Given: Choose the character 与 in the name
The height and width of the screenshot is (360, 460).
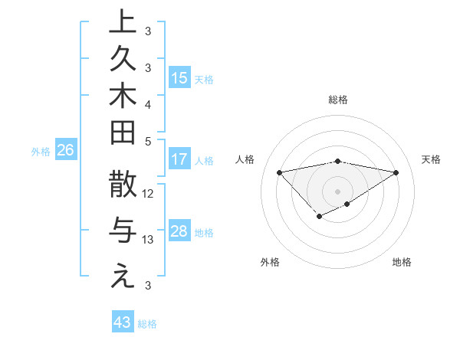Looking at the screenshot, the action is tap(123, 231).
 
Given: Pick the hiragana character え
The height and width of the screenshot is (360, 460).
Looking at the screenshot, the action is tap(123, 277).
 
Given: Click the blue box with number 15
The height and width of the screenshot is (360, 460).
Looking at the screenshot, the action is tap(179, 77).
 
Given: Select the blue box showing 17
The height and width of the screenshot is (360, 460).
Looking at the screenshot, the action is tap(179, 159).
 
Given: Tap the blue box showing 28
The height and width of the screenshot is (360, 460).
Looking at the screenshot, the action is tap(179, 231).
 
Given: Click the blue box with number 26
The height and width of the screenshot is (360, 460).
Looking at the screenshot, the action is tap(65, 151).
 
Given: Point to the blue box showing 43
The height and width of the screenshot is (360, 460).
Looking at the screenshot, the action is tap(122, 322).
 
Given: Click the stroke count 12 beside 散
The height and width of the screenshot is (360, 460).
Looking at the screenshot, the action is tap(149, 194).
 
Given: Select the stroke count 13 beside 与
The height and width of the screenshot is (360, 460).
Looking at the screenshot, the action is tap(149, 240).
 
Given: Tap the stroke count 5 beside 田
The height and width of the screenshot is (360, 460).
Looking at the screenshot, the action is tap(148, 141).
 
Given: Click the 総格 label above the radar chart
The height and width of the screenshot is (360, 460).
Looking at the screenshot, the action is tap(338, 100).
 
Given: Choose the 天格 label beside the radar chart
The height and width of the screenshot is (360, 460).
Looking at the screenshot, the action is tap(431, 159).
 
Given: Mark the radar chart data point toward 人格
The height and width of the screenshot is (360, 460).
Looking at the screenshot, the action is tap(279, 172).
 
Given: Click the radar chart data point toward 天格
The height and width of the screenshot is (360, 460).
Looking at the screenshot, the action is tap(396, 172).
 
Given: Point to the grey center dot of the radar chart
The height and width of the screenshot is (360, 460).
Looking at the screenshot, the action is tap(338, 190).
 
